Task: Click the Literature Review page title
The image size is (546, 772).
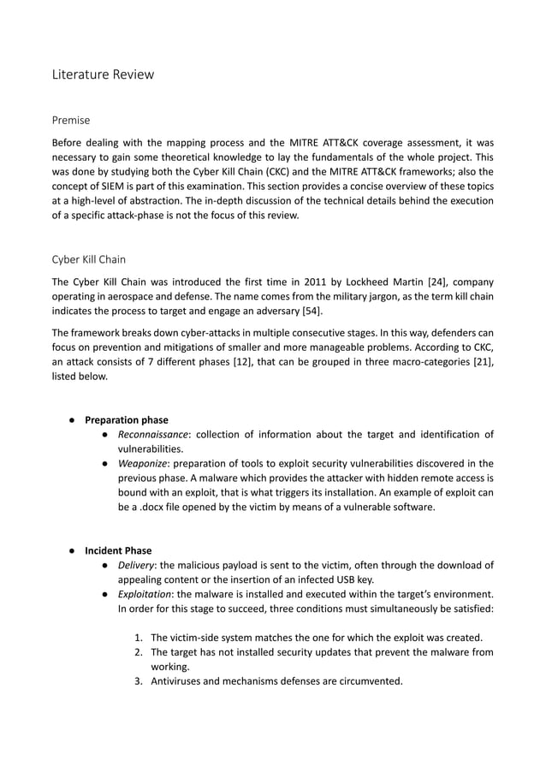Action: (x=104, y=74)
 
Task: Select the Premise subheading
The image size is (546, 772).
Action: (x=71, y=121)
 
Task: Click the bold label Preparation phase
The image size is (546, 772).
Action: (x=127, y=420)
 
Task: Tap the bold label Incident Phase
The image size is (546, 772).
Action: (x=119, y=550)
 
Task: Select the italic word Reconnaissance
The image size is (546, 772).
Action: (x=151, y=435)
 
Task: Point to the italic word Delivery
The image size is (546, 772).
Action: (x=135, y=565)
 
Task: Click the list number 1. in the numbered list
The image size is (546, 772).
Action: (x=139, y=638)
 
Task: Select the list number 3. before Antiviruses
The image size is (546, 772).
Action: (x=139, y=681)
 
